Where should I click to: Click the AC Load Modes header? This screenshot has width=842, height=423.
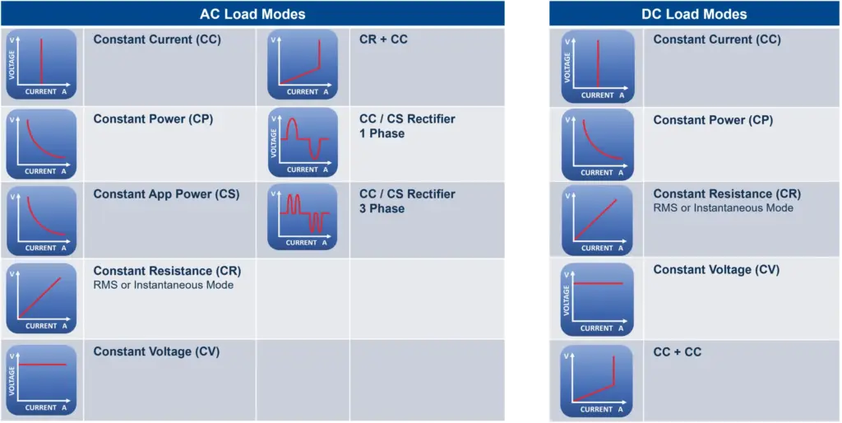pyautogui.click(x=252, y=14)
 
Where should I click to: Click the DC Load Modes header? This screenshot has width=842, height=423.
pyautogui.click(x=694, y=14)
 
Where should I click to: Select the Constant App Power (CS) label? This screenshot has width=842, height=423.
pyautogui.click(x=166, y=194)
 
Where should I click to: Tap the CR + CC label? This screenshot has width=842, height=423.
pyautogui.click(x=383, y=40)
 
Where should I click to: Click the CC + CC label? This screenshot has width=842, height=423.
pyautogui.click(x=678, y=352)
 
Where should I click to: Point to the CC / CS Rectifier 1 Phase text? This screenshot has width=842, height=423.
pyautogui.click(x=407, y=126)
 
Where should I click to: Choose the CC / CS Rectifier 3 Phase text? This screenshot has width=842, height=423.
pyautogui.click(x=407, y=201)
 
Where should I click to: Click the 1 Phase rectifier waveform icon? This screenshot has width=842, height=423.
pyautogui.click(x=303, y=142)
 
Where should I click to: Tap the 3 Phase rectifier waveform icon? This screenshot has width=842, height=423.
pyautogui.click(x=303, y=217)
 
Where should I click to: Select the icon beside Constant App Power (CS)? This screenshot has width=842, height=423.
pyautogui.click(x=41, y=221)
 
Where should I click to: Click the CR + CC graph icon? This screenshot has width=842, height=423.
pyautogui.click(x=303, y=64)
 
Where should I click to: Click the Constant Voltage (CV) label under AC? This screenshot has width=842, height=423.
pyautogui.click(x=157, y=351)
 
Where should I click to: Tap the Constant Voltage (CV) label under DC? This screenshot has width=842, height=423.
pyautogui.click(x=716, y=269)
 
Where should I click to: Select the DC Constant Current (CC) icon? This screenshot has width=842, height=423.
pyautogui.click(x=598, y=67)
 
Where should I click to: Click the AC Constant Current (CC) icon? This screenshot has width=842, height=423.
pyautogui.click(x=41, y=64)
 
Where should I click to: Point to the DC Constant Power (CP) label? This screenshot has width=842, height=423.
pyautogui.click(x=713, y=120)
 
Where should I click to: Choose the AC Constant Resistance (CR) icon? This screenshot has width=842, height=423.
pyautogui.click(x=41, y=299)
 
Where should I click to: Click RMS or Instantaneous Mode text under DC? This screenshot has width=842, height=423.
pyautogui.click(x=724, y=207)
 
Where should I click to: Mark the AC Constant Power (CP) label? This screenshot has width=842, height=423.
pyautogui.click(x=154, y=119)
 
